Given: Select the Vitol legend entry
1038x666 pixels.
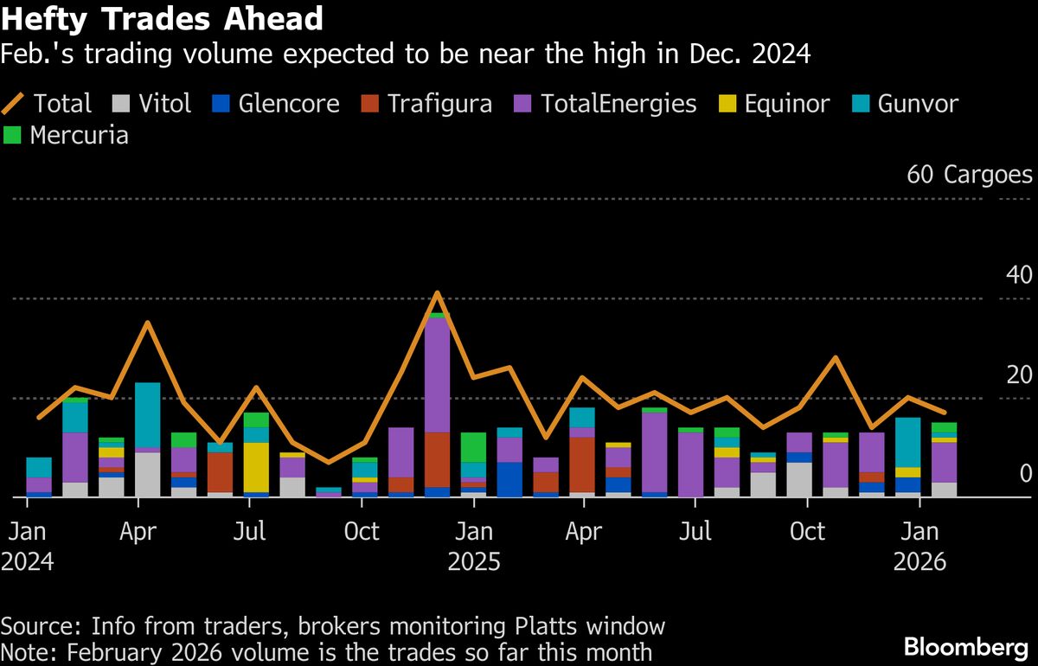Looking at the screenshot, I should pyautogui.click(x=151, y=105).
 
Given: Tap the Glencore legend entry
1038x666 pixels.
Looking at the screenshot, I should pyautogui.click(x=275, y=105).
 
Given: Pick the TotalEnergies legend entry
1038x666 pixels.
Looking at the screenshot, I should pyautogui.click(x=605, y=105).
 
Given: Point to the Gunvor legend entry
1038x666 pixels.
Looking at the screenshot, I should pyautogui.click(x=903, y=105).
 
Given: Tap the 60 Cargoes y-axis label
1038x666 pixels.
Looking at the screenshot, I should pyautogui.click(x=969, y=175).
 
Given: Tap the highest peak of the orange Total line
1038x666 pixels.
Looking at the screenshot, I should pyautogui.click(x=438, y=293).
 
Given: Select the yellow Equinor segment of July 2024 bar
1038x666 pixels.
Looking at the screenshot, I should pyautogui.click(x=256, y=467).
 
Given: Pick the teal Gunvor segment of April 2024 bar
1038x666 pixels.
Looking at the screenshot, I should pyautogui.click(x=148, y=415).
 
